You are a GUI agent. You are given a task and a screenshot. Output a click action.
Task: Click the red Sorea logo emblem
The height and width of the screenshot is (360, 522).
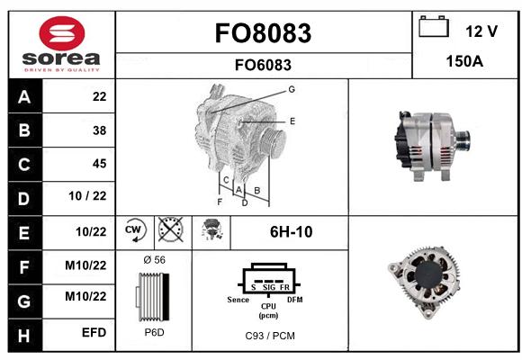click(62, 33)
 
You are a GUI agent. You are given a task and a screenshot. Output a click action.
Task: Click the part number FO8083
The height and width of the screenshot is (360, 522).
click(263, 33)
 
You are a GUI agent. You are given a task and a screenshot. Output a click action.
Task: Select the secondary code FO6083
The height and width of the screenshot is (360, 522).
click(263, 65)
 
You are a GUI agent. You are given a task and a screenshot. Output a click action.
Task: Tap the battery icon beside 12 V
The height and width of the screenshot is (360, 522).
click(434, 26)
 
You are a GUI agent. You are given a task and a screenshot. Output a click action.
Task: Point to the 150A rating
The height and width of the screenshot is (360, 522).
click(464, 61)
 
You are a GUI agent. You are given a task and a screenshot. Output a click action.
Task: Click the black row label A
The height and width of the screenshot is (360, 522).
click(25, 96)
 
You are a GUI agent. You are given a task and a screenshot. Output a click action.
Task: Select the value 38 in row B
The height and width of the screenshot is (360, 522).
click(100, 130)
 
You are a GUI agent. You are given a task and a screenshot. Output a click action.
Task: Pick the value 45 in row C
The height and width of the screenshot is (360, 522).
click(100, 164)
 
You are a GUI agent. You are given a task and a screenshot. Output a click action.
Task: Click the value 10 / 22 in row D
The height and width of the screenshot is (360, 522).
click(87, 196)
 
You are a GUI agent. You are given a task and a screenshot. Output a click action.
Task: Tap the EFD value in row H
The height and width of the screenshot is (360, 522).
click(94, 332)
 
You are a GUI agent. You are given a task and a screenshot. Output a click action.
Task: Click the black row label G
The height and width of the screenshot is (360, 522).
click(25, 301)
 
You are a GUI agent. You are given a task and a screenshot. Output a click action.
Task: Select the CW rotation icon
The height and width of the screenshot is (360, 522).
click(135, 229)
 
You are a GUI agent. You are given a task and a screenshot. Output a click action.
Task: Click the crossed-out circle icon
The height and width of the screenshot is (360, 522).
click(170, 229)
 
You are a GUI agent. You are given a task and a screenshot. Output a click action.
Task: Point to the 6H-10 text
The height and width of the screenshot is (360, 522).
click(292, 232)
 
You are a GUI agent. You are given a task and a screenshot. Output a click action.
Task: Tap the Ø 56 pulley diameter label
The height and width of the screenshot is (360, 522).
click(155, 260)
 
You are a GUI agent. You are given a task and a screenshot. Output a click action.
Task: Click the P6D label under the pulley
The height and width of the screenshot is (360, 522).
click(155, 332)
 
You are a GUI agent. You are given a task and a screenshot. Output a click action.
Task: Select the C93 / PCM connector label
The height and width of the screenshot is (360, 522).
click(270, 336)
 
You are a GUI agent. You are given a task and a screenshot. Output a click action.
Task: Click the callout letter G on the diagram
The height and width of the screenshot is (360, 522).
click(292, 89)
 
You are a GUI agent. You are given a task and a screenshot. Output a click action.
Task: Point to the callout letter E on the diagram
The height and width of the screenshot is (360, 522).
click(292, 121)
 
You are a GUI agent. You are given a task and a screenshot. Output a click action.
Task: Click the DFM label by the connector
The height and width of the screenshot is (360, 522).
click(295, 300)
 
